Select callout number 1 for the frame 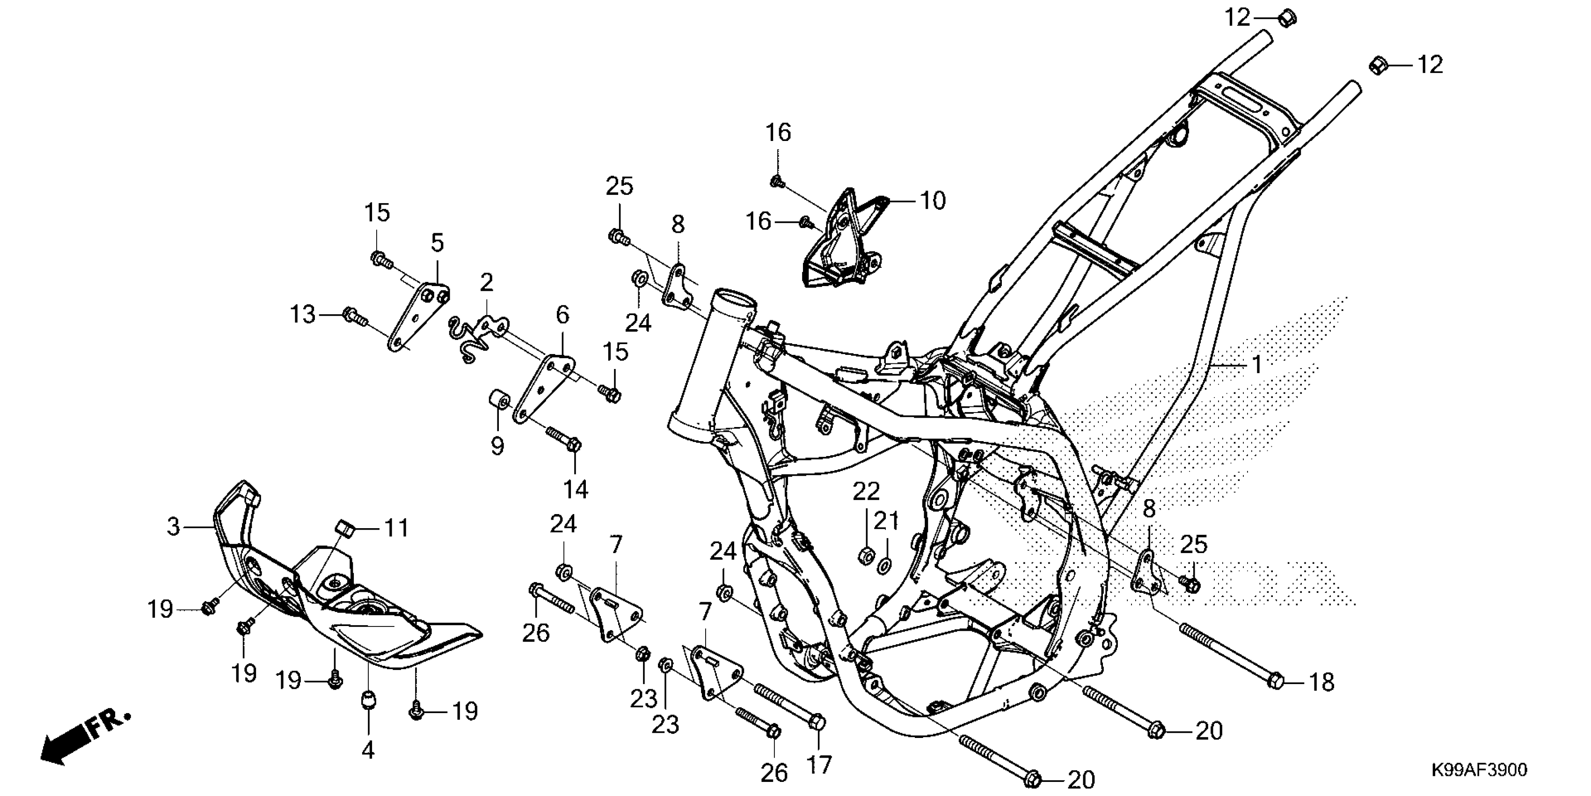click(x=1257, y=365)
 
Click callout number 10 click(x=933, y=200)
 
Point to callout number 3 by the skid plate click(x=174, y=527)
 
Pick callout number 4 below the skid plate click(x=368, y=750)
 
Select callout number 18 click(x=1322, y=682)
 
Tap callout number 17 click(x=819, y=765)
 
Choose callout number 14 click(x=576, y=489)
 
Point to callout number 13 click(x=303, y=315)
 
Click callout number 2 click(x=487, y=283)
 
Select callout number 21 click(x=887, y=521)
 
